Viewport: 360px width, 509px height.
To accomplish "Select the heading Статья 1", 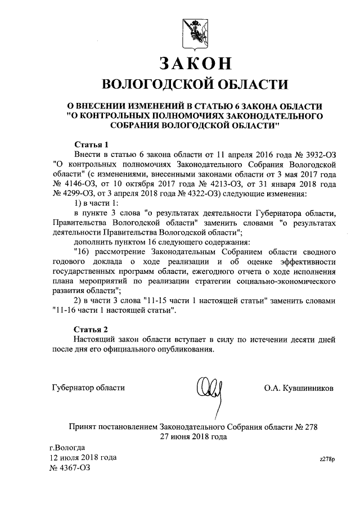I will click(x=91, y=143).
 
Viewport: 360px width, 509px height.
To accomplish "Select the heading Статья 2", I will click(x=91, y=328).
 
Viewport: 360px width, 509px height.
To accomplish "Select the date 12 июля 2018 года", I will click(x=83, y=457).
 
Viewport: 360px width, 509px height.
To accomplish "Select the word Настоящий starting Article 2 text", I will click(x=96, y=339).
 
